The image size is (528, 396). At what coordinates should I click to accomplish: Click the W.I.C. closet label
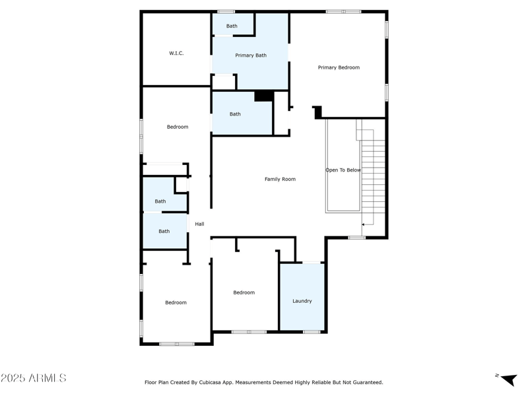(176, 53)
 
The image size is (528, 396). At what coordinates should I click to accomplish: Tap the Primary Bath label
(251, 55)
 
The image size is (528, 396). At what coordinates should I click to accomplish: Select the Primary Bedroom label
(339, 67)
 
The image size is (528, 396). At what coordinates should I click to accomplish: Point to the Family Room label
(280, 179)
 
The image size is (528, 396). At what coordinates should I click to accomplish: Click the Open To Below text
(343, 170)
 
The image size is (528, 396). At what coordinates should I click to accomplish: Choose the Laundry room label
(302, 301)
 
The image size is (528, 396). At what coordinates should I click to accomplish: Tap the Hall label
(199, 224)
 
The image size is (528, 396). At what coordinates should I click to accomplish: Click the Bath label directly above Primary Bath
(232, 26)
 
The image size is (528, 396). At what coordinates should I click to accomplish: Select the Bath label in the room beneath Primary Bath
(235, 114)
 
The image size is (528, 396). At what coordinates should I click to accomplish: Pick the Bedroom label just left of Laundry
(244, 292)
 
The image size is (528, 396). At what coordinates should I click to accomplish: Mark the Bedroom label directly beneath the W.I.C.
(177, 127)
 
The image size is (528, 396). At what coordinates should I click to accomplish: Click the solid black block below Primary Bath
(264, 96)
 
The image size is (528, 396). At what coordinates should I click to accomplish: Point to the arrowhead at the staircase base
(364, 224)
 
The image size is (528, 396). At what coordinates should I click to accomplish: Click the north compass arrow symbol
(508, 379)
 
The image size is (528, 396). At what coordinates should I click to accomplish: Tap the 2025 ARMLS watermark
(33, 378)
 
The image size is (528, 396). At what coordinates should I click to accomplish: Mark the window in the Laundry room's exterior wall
(312, 331)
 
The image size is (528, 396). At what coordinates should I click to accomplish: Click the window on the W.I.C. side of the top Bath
(226, 11)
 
